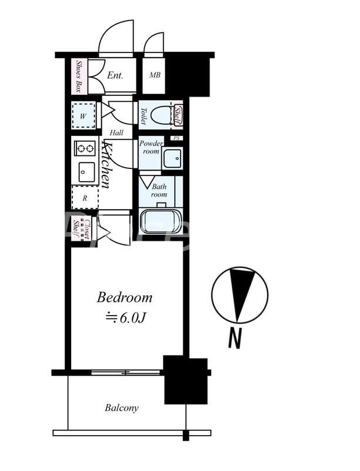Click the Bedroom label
click(125, 298)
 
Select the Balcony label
click(122, 408)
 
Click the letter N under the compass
click(235, 338)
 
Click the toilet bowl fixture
click(161, 115)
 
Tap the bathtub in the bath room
click(161, 221)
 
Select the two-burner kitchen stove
click(85, 148)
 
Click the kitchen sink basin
click(86, 172)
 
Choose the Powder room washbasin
click(172, 158)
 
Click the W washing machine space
click(84, 115)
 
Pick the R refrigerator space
click(85, 198)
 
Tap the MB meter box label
click(155, 75)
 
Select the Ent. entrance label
click(115, 75)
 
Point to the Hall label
click(116, 132)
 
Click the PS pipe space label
click(176, 138)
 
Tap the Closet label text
click(87, 230)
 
